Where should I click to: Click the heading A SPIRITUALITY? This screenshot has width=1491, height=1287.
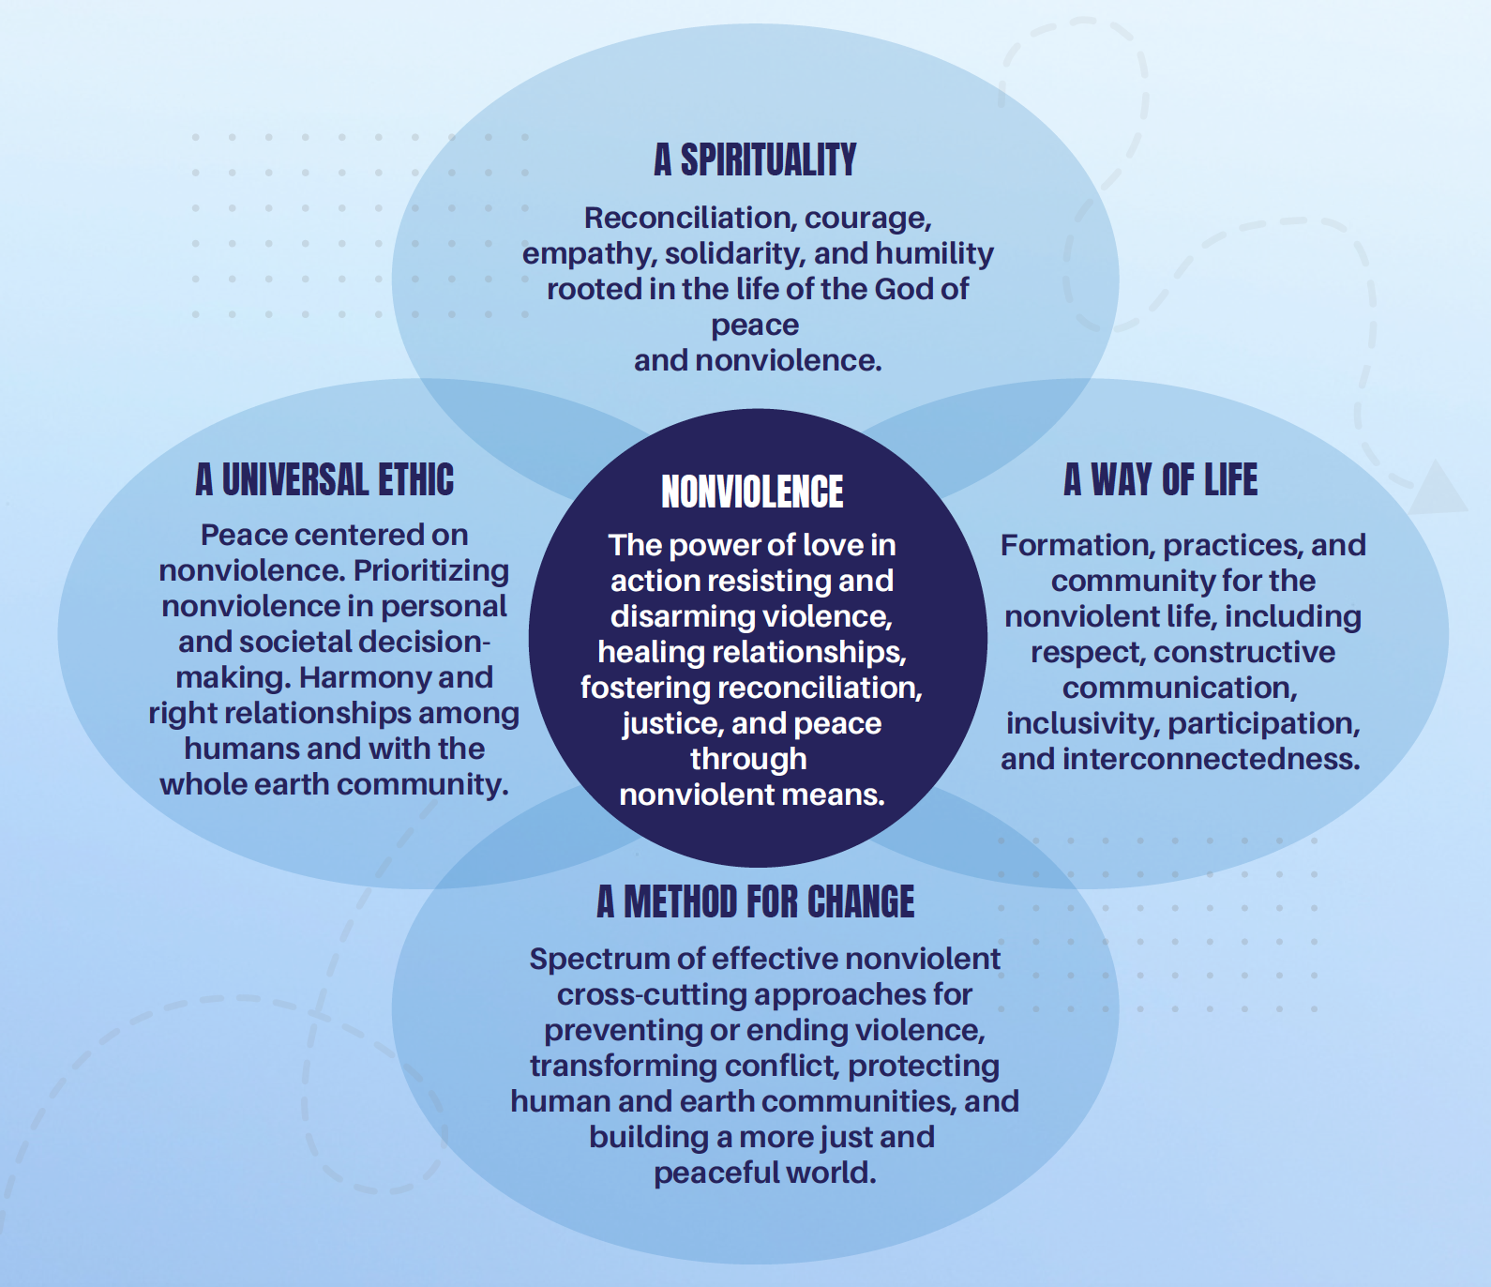point(755,159)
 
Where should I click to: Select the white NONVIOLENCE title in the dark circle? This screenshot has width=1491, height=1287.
point(752,492)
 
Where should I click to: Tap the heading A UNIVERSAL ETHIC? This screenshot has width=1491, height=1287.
point(324,479)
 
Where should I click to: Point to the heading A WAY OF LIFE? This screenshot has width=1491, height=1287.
point(1161,479)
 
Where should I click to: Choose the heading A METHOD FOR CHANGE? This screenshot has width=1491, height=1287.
point(756,901)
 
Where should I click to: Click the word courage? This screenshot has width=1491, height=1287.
point(867,219)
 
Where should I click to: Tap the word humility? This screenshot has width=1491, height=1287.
point(934,254)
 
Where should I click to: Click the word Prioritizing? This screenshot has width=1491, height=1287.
point(431,570)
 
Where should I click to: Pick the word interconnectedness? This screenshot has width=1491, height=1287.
point(1212,759)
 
